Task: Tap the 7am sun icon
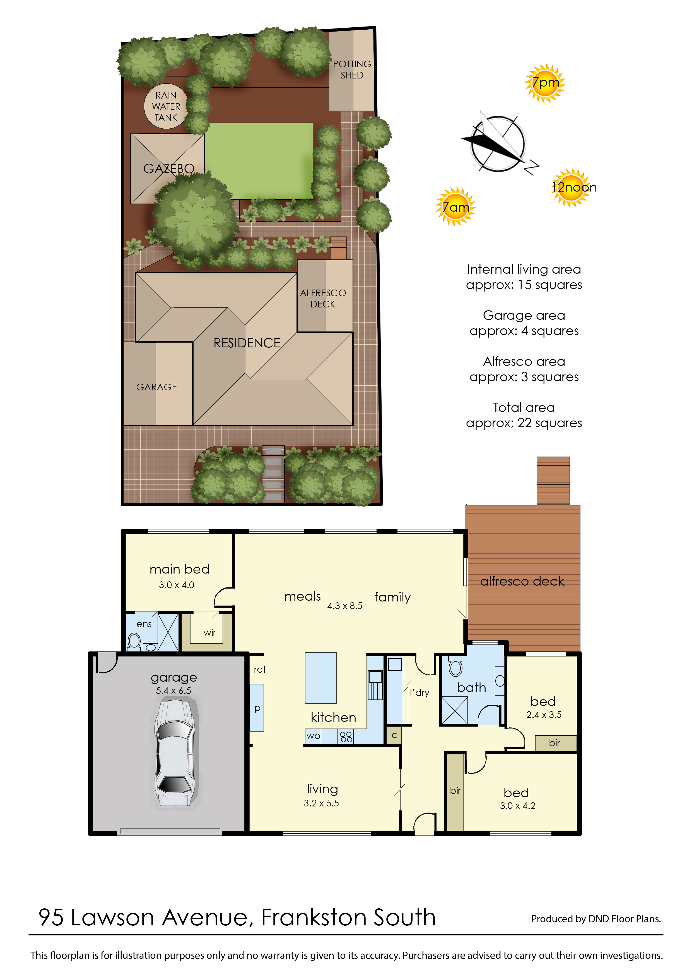pyautogui.click(x=455, y=206)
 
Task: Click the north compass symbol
pyautogui.click(x=498, y=144)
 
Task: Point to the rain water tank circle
pyautogui.click(x=166, y=106)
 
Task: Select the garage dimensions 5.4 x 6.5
pyautogui.click(x=173, y=691)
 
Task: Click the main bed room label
pyautogui.click(x=179, y=569)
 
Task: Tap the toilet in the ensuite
pyautogui.click(x=134, y=641)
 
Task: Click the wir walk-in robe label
pyautogui.click(x=210, y=633)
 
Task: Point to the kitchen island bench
pyautogui.click(x=320, y=677)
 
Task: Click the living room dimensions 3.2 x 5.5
pyautogui.click(x=321, y=803)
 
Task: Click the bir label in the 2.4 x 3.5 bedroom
pyautogui.click(x=554, y=743)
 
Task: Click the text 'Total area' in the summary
pyautogui.click(x=524, y=407)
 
